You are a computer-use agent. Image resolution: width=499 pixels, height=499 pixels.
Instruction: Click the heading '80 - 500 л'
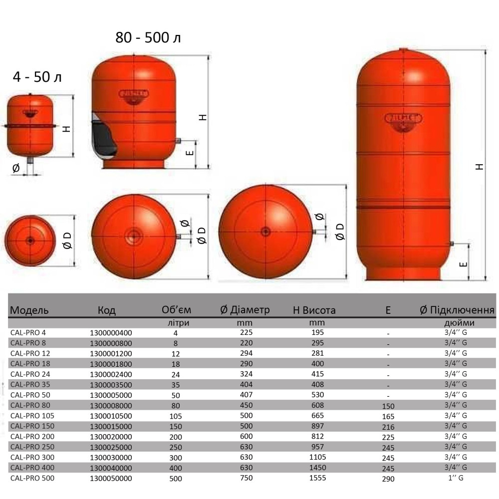(148, 38)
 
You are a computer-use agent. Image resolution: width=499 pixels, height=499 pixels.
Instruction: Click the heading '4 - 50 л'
(37, 77)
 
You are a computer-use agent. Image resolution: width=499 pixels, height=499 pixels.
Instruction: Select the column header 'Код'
(106, 310)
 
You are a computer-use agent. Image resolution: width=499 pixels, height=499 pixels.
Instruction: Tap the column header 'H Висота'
(314, 310)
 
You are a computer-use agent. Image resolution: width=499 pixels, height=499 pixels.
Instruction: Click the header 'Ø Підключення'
(457, 310)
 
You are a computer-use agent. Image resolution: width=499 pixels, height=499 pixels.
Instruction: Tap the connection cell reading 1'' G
(456, 478)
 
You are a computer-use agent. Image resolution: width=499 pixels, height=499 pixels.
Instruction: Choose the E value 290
(388, 479)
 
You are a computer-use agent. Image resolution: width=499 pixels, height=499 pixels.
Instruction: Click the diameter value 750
(247, 478)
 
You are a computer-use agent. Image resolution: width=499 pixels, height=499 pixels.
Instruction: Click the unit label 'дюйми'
(456, 323)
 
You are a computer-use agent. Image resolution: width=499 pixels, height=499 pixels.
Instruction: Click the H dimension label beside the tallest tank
(480, 167)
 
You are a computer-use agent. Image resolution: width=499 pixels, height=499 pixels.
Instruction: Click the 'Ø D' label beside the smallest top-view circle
(68, 242)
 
